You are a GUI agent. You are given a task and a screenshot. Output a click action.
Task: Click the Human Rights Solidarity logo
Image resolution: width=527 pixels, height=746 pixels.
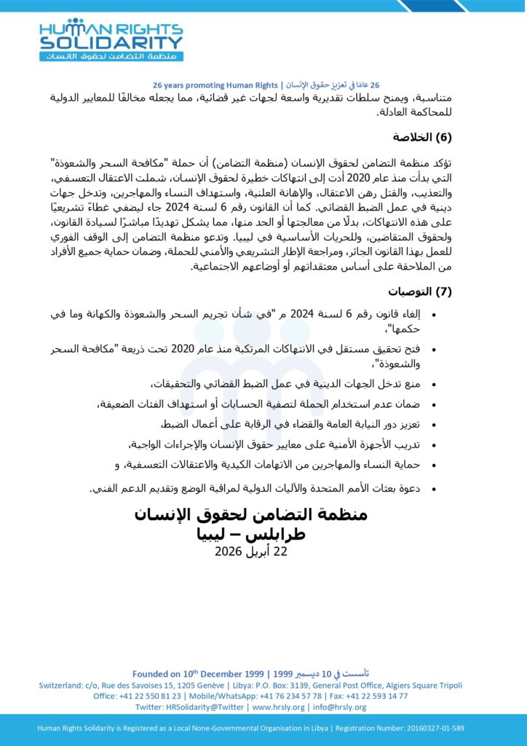(x=111, y=39)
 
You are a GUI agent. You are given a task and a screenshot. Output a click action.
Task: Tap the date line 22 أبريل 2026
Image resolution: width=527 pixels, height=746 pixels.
(x=251, y=551)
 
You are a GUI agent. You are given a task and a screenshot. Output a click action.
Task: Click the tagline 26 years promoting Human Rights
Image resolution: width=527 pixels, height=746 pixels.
(x=216, y=85)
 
